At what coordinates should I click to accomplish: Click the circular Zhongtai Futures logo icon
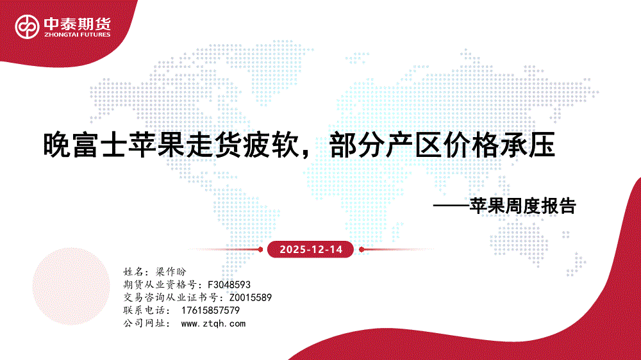[27, 27]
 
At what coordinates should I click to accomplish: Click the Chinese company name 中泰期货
[78, 24]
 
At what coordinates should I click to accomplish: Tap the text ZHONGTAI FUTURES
[78, 35]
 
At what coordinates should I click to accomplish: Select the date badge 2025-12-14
[310, 249]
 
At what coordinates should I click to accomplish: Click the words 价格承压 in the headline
[499, 145]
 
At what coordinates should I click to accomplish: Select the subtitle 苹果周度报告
[523, 206]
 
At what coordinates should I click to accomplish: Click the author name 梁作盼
[171, 272]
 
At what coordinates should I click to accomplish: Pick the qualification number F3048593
[229, 284]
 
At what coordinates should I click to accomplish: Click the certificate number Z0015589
[250, 297]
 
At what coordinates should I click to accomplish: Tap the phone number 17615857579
[210, 311]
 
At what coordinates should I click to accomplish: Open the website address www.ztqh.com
[213, 323]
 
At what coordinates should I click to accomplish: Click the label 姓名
[133, 272]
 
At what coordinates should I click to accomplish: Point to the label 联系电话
[144, 311]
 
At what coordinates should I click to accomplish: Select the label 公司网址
[144, 323]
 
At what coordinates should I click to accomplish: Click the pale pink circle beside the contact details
[71, 286]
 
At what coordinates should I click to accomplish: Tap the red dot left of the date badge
[260, 249]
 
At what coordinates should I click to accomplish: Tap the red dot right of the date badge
[362, 249]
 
